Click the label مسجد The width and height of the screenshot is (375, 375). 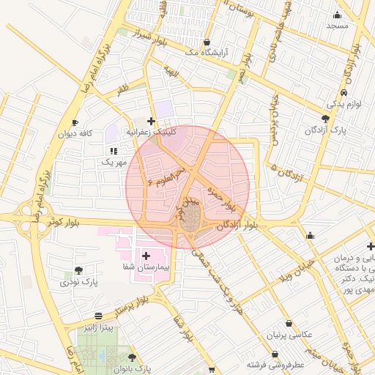(x=338, y=25)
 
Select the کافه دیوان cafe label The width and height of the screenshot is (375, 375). (x=75, y=134)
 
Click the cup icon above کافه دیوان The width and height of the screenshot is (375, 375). (x=75, y=123)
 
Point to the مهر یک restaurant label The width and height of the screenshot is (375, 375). (x=114, y=161)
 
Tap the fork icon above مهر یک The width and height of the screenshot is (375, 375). (x=114, y=150)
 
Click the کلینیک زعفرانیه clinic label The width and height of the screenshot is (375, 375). (x=152, y=132)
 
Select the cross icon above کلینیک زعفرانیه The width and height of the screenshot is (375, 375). (x=151, y=121)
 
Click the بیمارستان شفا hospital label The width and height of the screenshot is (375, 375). (x=146, y=267)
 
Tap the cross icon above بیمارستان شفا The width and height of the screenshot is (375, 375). (x=146, y=256)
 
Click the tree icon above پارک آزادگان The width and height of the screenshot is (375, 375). (x=325, y=119)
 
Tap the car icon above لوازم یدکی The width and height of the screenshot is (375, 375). (x=344, y=94)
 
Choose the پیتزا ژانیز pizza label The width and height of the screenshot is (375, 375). (x=98, y=327)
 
